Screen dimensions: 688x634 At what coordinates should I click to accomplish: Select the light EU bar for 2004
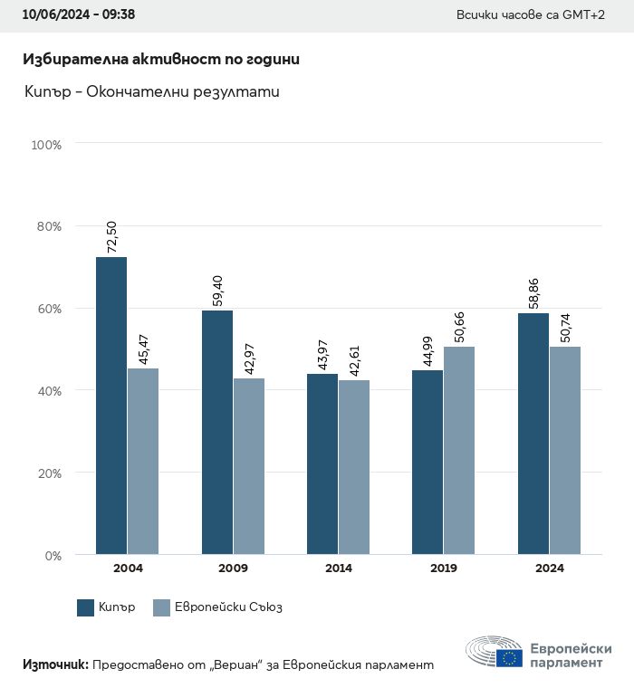coord(143,461)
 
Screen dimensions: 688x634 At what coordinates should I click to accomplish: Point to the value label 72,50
coord(112,234)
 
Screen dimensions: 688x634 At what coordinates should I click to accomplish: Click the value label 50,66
coord(459,323)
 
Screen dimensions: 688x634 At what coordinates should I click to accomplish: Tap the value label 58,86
coord(533,290)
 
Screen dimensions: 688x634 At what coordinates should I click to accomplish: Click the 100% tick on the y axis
coord(46,145)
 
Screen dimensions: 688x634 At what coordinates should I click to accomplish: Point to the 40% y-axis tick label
coord(49,391)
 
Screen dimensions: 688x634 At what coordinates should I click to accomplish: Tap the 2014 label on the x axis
coord(339,569)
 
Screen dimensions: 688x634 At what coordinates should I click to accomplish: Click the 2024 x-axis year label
coord(549,569)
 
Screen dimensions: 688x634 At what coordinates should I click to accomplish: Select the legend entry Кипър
coord(107,607)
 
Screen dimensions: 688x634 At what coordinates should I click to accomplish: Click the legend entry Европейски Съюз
coord(217,607)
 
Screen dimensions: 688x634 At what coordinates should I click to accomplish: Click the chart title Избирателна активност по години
coord(161,59)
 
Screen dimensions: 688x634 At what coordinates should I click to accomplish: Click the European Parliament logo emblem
coord(495,652)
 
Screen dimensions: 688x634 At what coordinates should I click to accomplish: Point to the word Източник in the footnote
coord(54,664)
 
